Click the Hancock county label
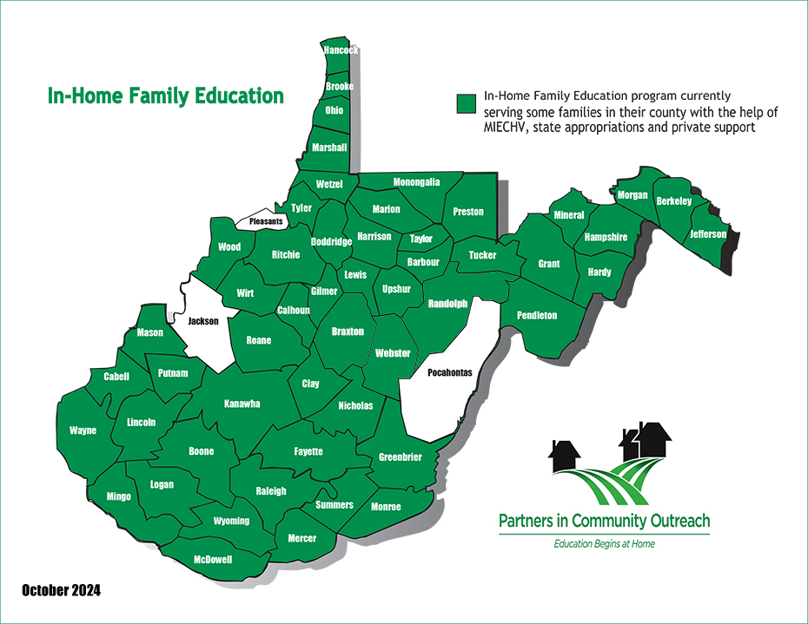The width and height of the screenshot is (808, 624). (341, 50)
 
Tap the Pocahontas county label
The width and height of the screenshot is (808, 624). (450, 372)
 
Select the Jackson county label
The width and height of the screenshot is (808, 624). (203, 320)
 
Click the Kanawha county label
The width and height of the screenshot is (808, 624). (242, 404)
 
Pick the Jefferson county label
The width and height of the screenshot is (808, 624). (708, 234)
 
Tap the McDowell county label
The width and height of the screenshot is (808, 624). (213, 560)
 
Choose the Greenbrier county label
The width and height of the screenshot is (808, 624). (401, 457)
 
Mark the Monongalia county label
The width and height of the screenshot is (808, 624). (416, 182)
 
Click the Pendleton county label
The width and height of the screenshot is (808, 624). (537, 315)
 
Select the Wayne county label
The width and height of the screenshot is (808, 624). (83, 430)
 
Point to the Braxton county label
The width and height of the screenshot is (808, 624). (348, 332)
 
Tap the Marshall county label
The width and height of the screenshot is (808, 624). (329, 148)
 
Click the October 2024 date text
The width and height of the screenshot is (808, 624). (61, 591)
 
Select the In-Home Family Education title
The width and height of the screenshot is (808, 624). (166, 95)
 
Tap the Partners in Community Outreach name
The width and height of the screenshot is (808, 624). (604, 521)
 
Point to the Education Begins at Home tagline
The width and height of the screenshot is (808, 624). (604, 544)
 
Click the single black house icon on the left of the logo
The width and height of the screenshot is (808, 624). (565, 453)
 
